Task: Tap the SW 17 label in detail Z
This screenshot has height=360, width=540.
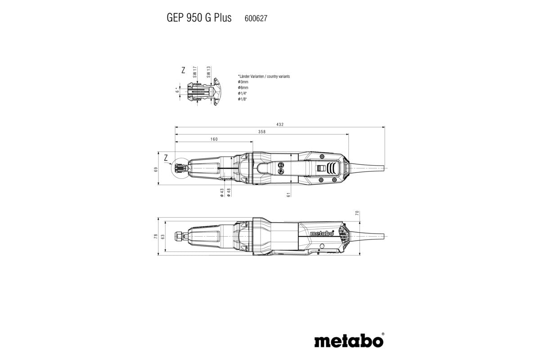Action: coord(195,72)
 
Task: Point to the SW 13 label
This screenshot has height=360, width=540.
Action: coord(209,72)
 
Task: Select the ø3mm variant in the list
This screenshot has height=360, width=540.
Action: coord(243,82)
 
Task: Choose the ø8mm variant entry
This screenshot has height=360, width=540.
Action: coord(243,87)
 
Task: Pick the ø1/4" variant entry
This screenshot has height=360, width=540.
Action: coord(243,93)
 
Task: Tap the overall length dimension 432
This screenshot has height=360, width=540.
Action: coord(280,125)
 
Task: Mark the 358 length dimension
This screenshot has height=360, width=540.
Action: coord(262,132)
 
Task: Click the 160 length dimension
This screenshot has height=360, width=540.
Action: coord(214,139)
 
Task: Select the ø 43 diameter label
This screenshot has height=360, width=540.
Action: coord(222,192)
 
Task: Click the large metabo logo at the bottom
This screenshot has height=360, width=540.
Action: coord(349,340)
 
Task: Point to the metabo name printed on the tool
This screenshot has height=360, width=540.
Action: coord(322,234)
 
